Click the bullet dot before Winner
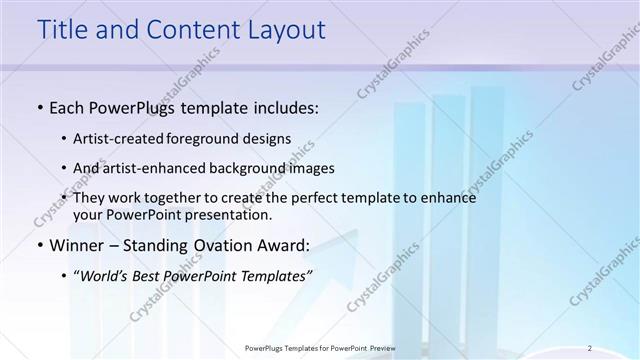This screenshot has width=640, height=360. [39, 246]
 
